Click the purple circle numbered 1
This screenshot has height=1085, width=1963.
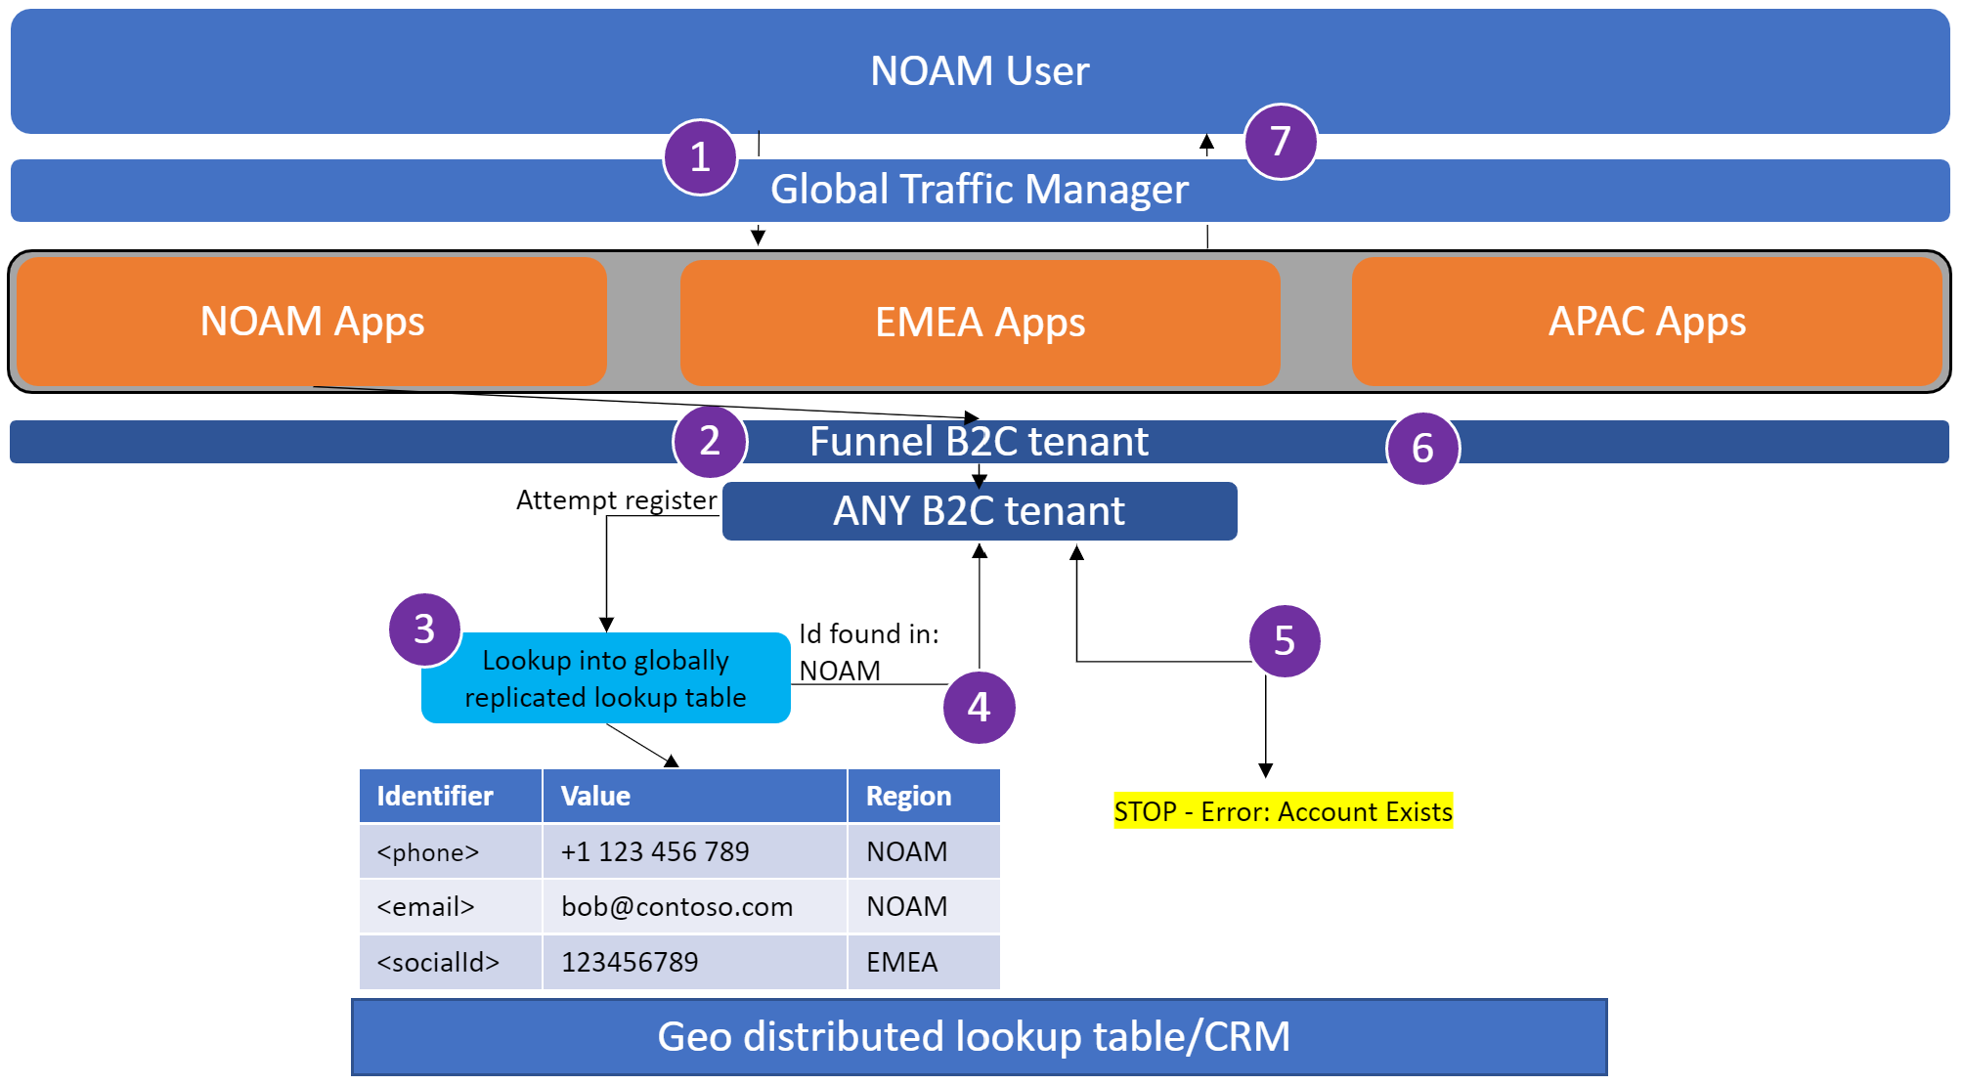(x=700, y=157)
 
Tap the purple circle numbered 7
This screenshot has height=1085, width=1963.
(x=1281, y=142)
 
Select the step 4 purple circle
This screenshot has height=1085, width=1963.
(x=979, y=707)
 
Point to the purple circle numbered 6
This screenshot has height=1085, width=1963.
(x=1422, y=449)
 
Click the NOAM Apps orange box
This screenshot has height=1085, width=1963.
(x=312, y=322)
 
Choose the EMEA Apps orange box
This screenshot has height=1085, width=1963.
(x=980, y=323)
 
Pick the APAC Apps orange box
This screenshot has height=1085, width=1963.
(x=1647, y=322)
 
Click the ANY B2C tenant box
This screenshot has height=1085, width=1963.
(x=980, y=511)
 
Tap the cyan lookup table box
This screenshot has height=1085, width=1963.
(x=605, y=678)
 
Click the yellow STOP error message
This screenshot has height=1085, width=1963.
(x=1283, y=811)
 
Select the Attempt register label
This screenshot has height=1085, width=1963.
(x=616, y=500)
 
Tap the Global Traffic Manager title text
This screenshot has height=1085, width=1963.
(x=979, y=190)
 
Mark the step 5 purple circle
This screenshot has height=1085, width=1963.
(x=1285, y=641)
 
